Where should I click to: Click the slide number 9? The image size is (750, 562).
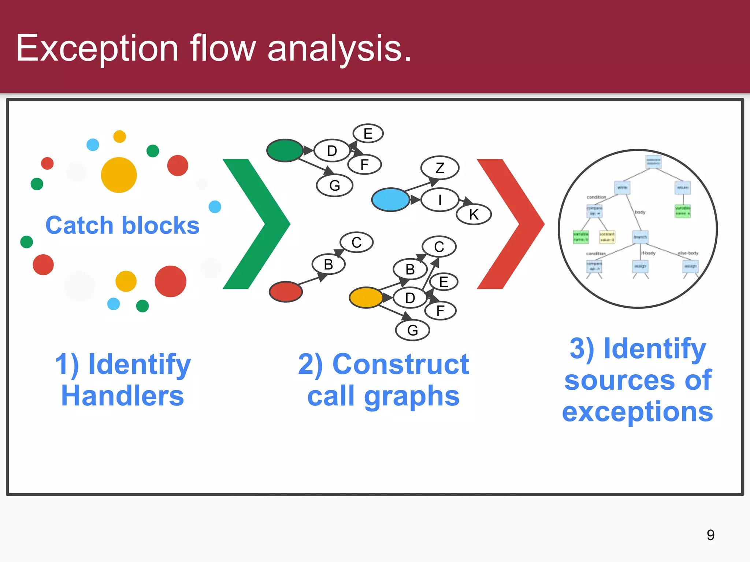point(710,535)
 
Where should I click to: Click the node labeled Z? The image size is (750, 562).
point(440,168)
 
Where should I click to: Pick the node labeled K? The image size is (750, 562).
point(474,214)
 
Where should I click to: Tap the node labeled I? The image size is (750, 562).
point(440,200)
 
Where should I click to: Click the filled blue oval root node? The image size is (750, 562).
point(390,200)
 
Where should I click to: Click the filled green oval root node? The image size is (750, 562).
point(285,150)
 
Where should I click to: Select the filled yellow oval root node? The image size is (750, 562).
point(366,297)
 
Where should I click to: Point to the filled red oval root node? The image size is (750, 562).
point(286,291)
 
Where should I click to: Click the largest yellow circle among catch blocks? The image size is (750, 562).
point(119,175)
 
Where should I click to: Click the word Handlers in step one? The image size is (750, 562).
point(122,396)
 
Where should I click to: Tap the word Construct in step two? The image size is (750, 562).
point(401,364)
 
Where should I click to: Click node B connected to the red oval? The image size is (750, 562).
point(328,264)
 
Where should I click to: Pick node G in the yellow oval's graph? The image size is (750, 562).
point(413,330)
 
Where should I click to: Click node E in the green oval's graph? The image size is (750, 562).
point(368,133)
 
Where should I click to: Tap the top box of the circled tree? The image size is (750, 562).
point(653,162)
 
